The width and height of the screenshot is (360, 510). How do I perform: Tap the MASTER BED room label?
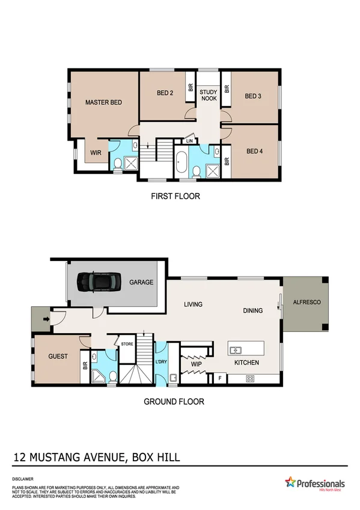point(103,102)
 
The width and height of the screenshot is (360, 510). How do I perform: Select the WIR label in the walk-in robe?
point(96,153)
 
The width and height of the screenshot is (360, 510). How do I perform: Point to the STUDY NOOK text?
point(209,95)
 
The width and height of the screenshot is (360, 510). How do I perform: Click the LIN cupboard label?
point(189,141)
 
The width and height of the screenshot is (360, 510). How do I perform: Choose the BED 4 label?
point(254,152)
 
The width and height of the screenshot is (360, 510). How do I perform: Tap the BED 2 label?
point(165,93)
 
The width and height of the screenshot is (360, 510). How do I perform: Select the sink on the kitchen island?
point(236,349)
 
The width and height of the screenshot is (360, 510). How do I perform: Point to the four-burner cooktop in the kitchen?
point(251,378)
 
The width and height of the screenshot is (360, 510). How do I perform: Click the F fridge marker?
point(220,378)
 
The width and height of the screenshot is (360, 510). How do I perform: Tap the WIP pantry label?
point(197,364)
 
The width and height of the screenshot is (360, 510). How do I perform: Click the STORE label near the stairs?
point(127,344)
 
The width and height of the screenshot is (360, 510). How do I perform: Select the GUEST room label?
point(58,356)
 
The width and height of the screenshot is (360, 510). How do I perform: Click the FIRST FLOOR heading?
point(175,196)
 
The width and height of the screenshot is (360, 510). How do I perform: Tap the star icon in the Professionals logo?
point(291,482)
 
